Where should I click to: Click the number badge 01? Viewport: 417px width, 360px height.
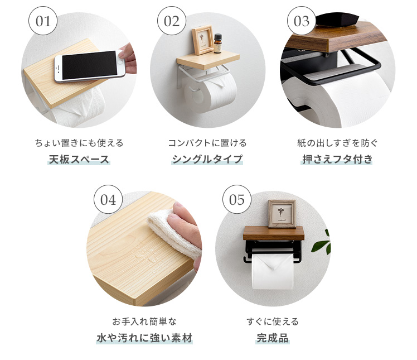43,21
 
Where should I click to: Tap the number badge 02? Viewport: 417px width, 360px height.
172,21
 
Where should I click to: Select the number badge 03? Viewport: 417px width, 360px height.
302,21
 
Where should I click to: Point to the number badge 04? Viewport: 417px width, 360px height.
108,199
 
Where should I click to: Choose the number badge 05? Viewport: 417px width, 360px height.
237,199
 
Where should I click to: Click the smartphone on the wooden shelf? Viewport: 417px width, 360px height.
90,65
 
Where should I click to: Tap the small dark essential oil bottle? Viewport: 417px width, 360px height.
217,43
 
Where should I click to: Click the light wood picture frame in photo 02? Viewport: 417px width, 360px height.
203,40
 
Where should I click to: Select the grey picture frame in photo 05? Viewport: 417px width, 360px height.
282,214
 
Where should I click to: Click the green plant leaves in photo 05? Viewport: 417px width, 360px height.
321,242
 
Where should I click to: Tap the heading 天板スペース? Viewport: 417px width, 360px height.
79,159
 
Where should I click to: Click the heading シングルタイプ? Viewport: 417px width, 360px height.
207,159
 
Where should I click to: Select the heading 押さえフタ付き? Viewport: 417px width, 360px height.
337,159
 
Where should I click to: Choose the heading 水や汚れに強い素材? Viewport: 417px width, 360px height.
144,338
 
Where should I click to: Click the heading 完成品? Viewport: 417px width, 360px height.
273,338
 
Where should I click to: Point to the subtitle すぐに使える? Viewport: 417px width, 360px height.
273,321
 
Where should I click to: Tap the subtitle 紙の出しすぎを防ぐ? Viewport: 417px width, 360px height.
337,143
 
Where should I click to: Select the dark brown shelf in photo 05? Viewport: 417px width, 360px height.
274,233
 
